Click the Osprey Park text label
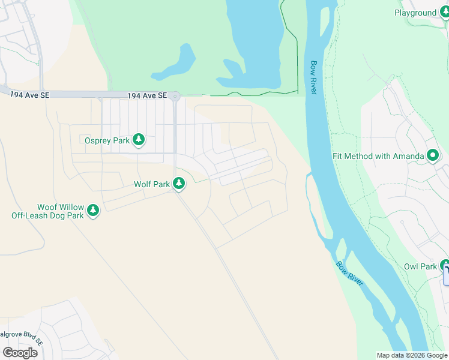tap(106, 140)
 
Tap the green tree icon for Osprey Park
tap(139, 140)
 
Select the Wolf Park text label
tap(152, 184)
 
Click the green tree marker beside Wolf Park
tap(178, 184)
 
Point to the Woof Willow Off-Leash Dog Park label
tap(47, 211)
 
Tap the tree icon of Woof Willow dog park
tap(92, 211)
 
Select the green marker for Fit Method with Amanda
tap(433, 156)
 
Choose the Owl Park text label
tap(420, 266)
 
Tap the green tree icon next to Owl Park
tap(445, 266)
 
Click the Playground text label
tap(415, 13)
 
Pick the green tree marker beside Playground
tap(445, 12)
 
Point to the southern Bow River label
tap(349, 274)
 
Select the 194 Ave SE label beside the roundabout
tap(146, 95)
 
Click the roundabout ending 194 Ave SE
tap(175, 96)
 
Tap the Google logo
tap(20, 352)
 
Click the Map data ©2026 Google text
tap(412, 355)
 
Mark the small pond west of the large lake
tap(175, 64)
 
